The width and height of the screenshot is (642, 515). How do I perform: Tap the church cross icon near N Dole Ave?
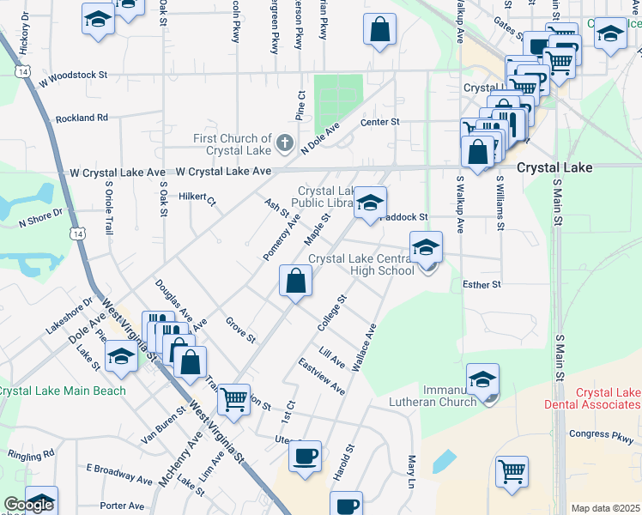point(286,142)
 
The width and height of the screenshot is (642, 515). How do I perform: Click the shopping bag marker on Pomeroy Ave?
point(295,281)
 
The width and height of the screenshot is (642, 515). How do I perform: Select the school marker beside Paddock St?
point(370,203)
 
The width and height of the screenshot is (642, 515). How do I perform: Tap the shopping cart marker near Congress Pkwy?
point(512,470)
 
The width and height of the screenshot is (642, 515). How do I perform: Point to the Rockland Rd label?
point(82,118)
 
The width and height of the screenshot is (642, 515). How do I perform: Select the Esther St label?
point(481,284)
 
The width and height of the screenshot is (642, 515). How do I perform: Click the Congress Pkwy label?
point(601,434)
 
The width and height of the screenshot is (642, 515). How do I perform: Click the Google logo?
point(27,506)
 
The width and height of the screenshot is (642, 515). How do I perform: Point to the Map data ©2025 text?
point(605,508)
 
